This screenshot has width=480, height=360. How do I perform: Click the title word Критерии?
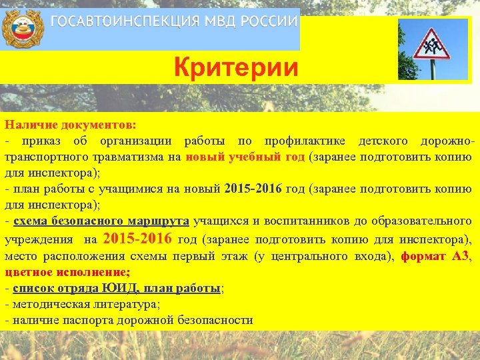236,68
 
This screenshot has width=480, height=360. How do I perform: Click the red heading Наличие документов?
70,125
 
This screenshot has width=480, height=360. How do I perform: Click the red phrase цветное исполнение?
67,272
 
